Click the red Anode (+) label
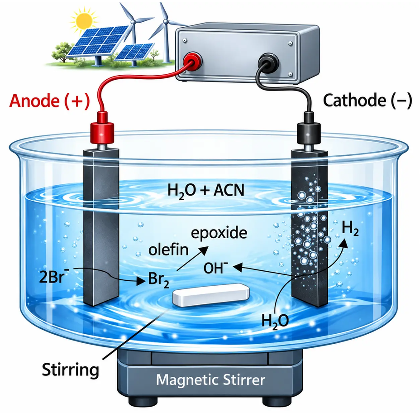49,101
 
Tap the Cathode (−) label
367,101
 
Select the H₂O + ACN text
206,191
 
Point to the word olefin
168,250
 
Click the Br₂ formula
158,280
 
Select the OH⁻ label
215,268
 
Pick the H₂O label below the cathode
275,321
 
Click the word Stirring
71,370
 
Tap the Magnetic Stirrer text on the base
210,380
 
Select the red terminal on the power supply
192,61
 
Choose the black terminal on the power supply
268,62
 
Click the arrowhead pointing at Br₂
141,281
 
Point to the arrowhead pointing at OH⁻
238,267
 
